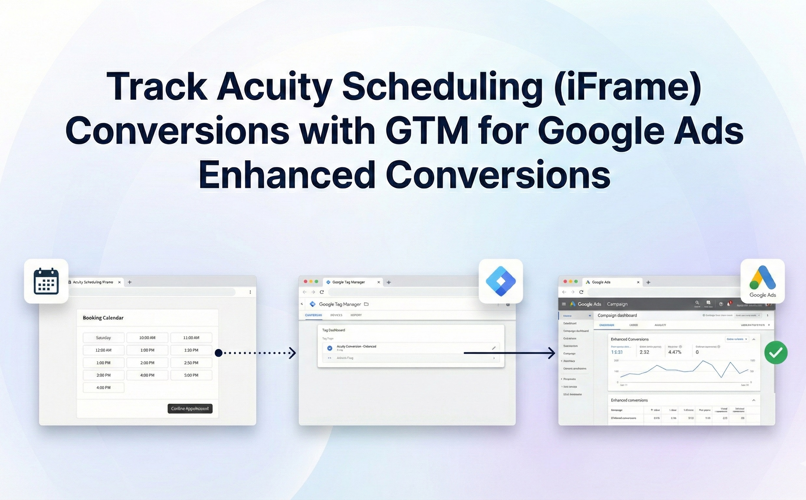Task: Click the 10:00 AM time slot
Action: point(147,338)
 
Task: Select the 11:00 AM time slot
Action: point(191,338)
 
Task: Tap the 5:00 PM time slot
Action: point(191,375)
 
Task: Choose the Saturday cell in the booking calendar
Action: point(103,338)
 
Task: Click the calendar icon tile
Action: point(46,281)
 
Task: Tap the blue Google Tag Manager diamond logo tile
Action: point(501,281)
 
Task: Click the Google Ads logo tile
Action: point(762,281)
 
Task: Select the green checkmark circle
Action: point(776,353)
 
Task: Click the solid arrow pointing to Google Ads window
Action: point(509,353)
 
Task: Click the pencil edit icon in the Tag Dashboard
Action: point(494,348)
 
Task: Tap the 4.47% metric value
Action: point(675,352)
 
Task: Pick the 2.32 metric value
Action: point(644,352)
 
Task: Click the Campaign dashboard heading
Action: point(617,315)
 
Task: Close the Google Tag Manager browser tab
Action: point(379,282)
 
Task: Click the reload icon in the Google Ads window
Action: point(581,292)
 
